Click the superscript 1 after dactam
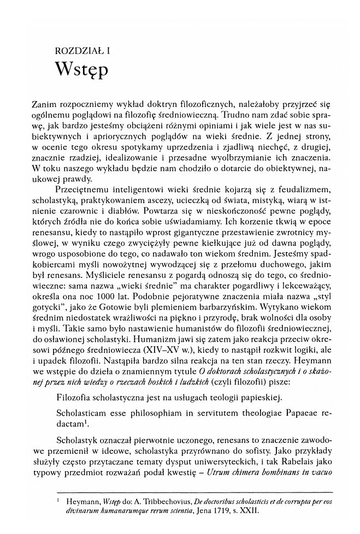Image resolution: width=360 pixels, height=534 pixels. click(86, 422)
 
